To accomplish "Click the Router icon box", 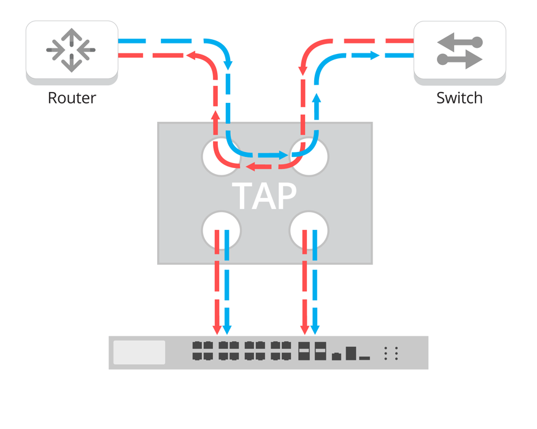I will tap(72, 50).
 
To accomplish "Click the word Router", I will tap(72, 98).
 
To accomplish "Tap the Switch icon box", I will tap(460, 50).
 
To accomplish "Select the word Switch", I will tap(459, 98).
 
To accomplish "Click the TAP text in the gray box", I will tap(265, 196).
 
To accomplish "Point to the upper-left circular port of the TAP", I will tap(221, 157).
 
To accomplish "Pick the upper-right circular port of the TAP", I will tap(309, 157).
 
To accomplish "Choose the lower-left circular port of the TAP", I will tap(221, 230).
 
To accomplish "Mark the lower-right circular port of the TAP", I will tap(309, 230).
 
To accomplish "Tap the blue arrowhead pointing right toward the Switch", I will tap(374, 56).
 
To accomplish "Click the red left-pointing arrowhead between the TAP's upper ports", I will tap(250, 166).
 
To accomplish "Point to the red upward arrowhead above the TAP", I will tap(215, 115).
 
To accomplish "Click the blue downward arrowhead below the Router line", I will tap(228, 64).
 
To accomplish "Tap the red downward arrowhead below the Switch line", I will tap(303, 71).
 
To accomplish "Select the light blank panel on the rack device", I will tap(139, 352).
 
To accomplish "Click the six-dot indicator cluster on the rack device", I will tap(391, 353).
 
